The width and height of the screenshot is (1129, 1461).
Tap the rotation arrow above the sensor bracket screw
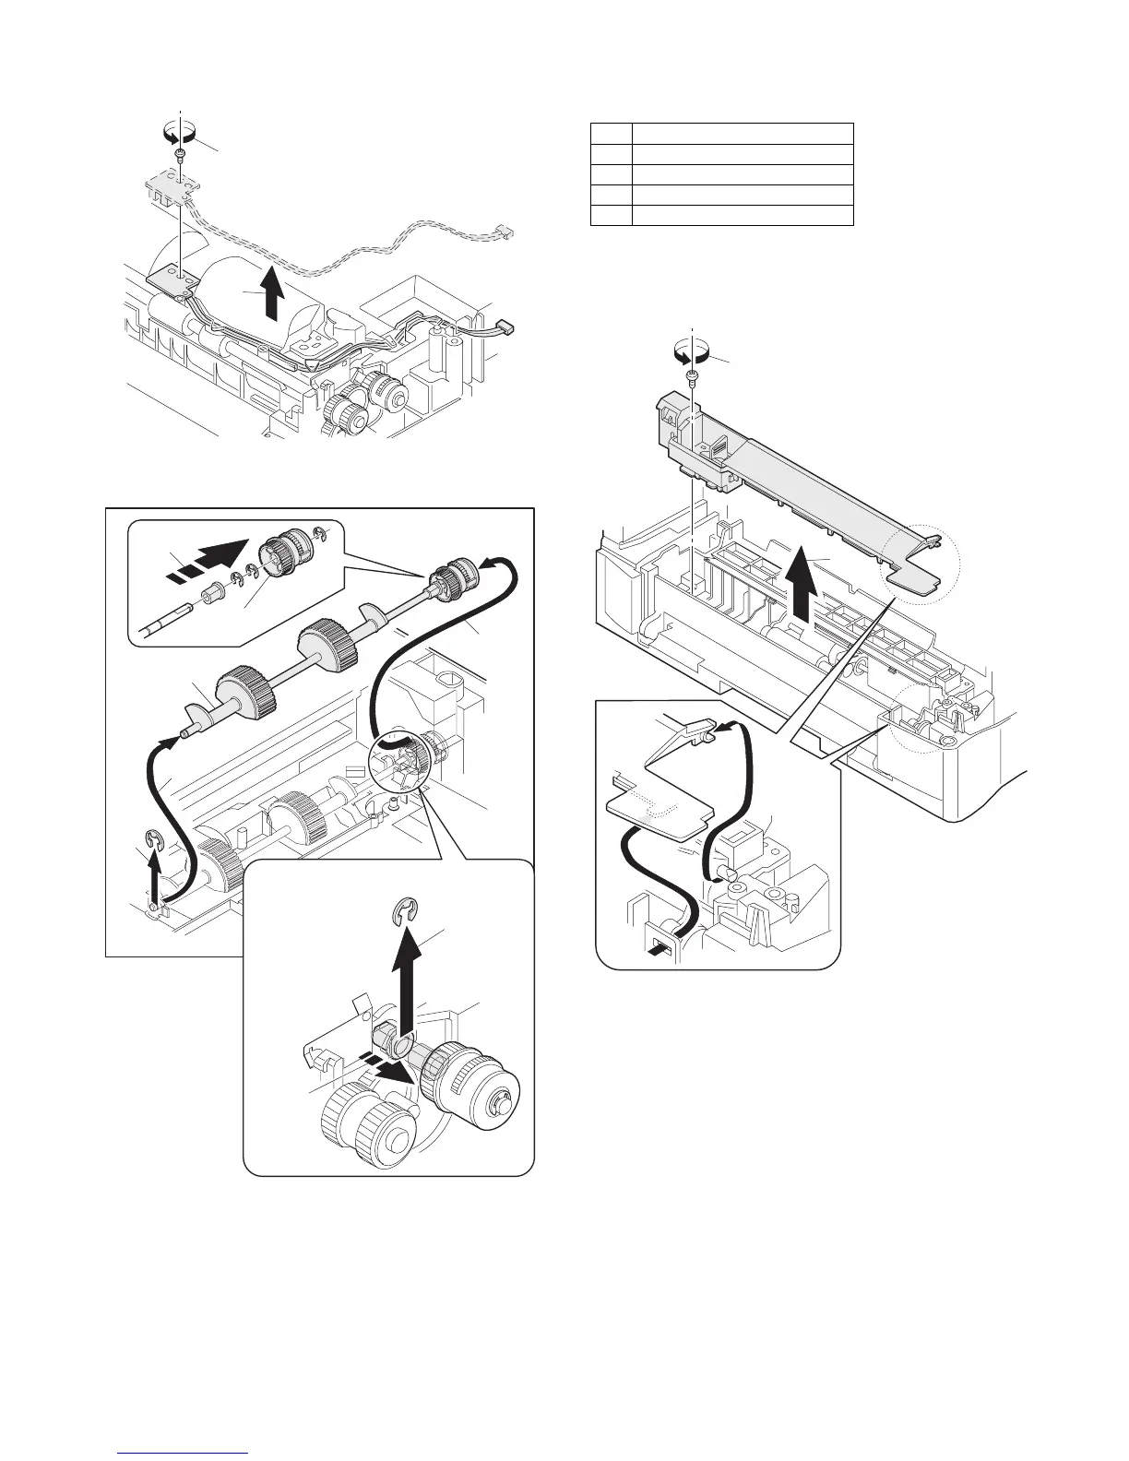pos(181,133)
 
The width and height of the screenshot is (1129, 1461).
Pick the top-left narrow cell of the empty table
pos(611,134)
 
